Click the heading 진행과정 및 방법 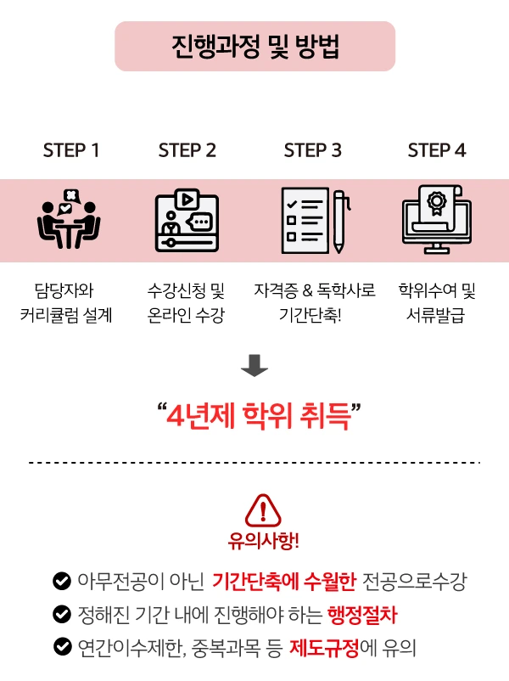(255, 46)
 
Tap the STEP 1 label (71, 150)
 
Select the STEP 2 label (187, 150)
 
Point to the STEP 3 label (312, 150)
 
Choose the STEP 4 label (436, 150)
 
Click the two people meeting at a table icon (69, 219)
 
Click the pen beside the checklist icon (339, 221)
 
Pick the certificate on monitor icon (436, 220)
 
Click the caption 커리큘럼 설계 (66, 316)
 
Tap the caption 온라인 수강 (186, 316)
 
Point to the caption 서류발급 (437, 316)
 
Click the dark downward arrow (255, 367)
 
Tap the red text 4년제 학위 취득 (259, 417)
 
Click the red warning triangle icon (263, 509)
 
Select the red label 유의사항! (263, 541)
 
